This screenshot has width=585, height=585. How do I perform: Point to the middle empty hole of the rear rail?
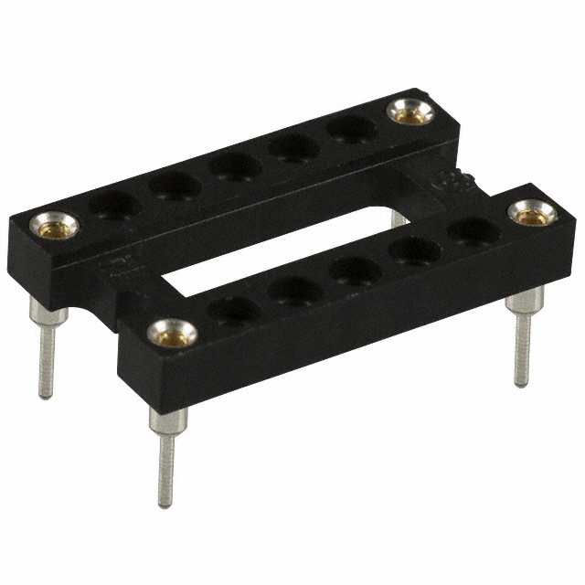click(x=235, y=166)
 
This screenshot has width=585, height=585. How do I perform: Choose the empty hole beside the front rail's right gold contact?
click(x=473, y=230)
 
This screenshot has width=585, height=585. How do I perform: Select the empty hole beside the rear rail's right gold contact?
click(x=352, y=129)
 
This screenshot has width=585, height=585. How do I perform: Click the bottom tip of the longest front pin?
click(x=165, y=502)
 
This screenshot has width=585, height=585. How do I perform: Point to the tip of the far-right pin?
click(x=521, y=383)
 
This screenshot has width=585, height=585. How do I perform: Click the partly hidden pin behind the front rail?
click(x=399, y=220)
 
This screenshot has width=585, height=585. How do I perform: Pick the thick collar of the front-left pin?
click(x=169, y=421)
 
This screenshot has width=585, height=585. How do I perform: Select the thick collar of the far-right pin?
click(x=525, y=301)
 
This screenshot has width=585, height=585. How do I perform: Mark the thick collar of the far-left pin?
click(x=48, y=315)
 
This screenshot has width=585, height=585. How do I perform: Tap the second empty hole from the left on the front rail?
click(x=294, y=292)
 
